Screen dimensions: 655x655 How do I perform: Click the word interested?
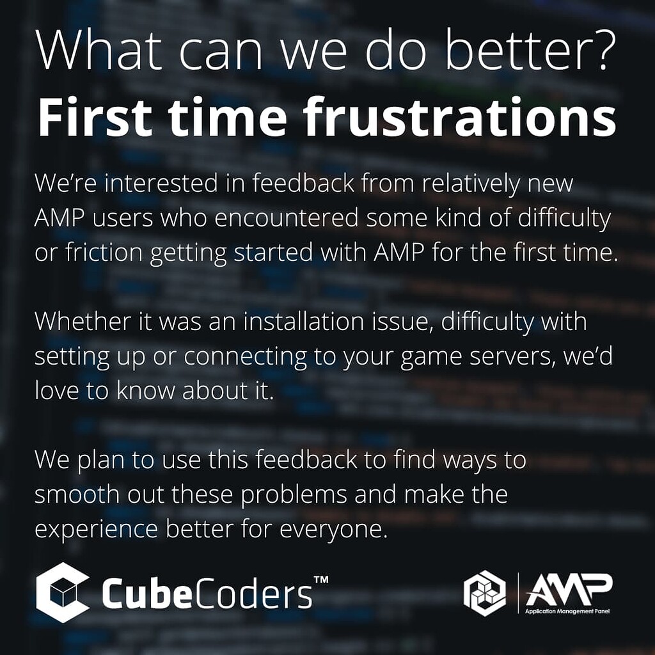click(155, 184)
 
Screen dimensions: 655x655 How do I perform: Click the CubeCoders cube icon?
click(63, 592)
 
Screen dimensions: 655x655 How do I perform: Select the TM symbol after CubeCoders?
click(322, 580)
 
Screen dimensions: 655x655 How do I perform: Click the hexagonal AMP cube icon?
click(484, 593)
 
